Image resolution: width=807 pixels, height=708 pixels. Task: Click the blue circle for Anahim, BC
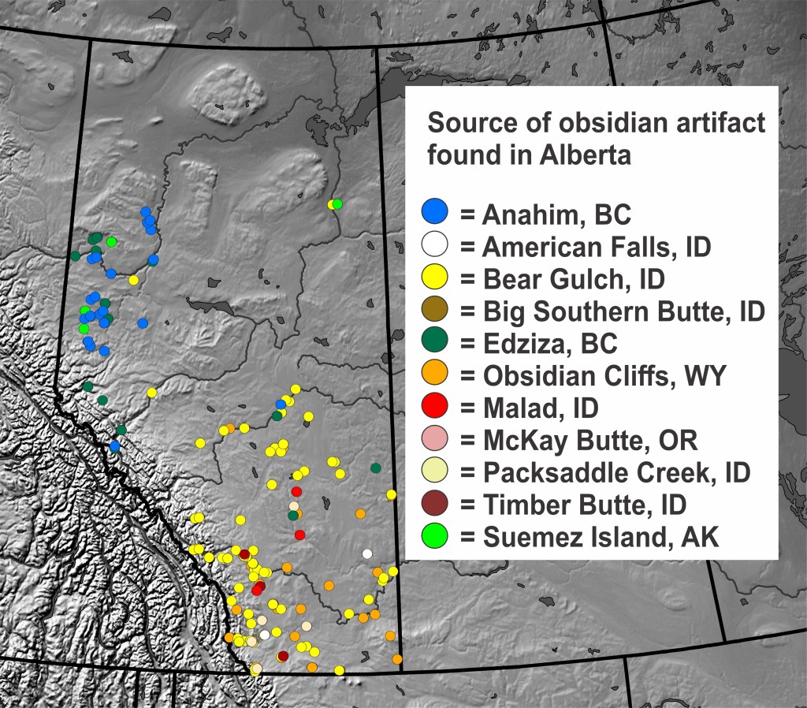click(435, 211)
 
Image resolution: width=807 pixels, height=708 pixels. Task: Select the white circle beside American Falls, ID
click(435, 244)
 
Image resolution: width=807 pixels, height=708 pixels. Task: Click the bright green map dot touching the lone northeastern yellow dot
click(338, 204)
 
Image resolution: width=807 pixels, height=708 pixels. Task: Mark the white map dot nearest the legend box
click(366, 553)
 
